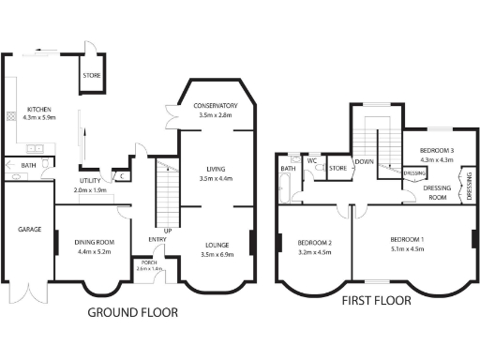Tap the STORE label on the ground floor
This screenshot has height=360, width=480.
click(x=91, y=76)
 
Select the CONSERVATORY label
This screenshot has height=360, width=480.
click(x=216, y=106)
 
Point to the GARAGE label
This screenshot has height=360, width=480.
click(x=26, y=229)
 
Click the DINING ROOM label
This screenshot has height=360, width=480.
click(x=94, y=243)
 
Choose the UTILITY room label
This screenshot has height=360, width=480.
click(x=90, y=181)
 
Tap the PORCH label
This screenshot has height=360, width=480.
click(x=149, y=262)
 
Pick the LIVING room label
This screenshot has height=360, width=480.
click(x=217, y=170)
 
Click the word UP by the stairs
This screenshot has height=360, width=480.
click(x=168, y=230)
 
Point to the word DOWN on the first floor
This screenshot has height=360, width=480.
click(x=365, y=161)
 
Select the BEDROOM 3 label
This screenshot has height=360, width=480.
click(x=437, y=150)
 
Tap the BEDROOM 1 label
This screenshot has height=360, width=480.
click(x=407, y=241)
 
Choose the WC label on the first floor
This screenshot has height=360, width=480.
click(x=312, y=160)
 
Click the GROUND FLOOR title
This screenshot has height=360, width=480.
click(x=133, y=312)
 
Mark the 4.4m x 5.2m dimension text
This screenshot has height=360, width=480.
click(x=94, y=251)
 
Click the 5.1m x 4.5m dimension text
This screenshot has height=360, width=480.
click(x=407, y=249)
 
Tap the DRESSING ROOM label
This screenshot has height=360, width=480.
click(x=431, y=191)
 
